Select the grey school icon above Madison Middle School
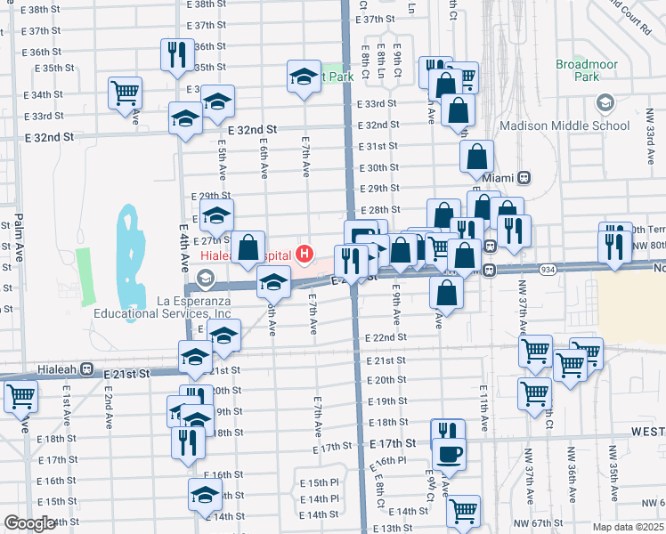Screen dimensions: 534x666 [x=605, y=103]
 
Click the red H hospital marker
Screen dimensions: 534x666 [x=305, y=255]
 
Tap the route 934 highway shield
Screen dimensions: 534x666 [x=548, y=269]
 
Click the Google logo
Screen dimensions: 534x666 [x=29, y=524]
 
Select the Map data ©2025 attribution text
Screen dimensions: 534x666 [x=628, y=527]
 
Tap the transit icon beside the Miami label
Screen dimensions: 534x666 [x=525, y=177]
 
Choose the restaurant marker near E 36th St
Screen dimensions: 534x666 [x=176, y=55]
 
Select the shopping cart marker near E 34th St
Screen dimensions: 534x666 [x=126, y=93]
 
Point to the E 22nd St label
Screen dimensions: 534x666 [x=386, y=338]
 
